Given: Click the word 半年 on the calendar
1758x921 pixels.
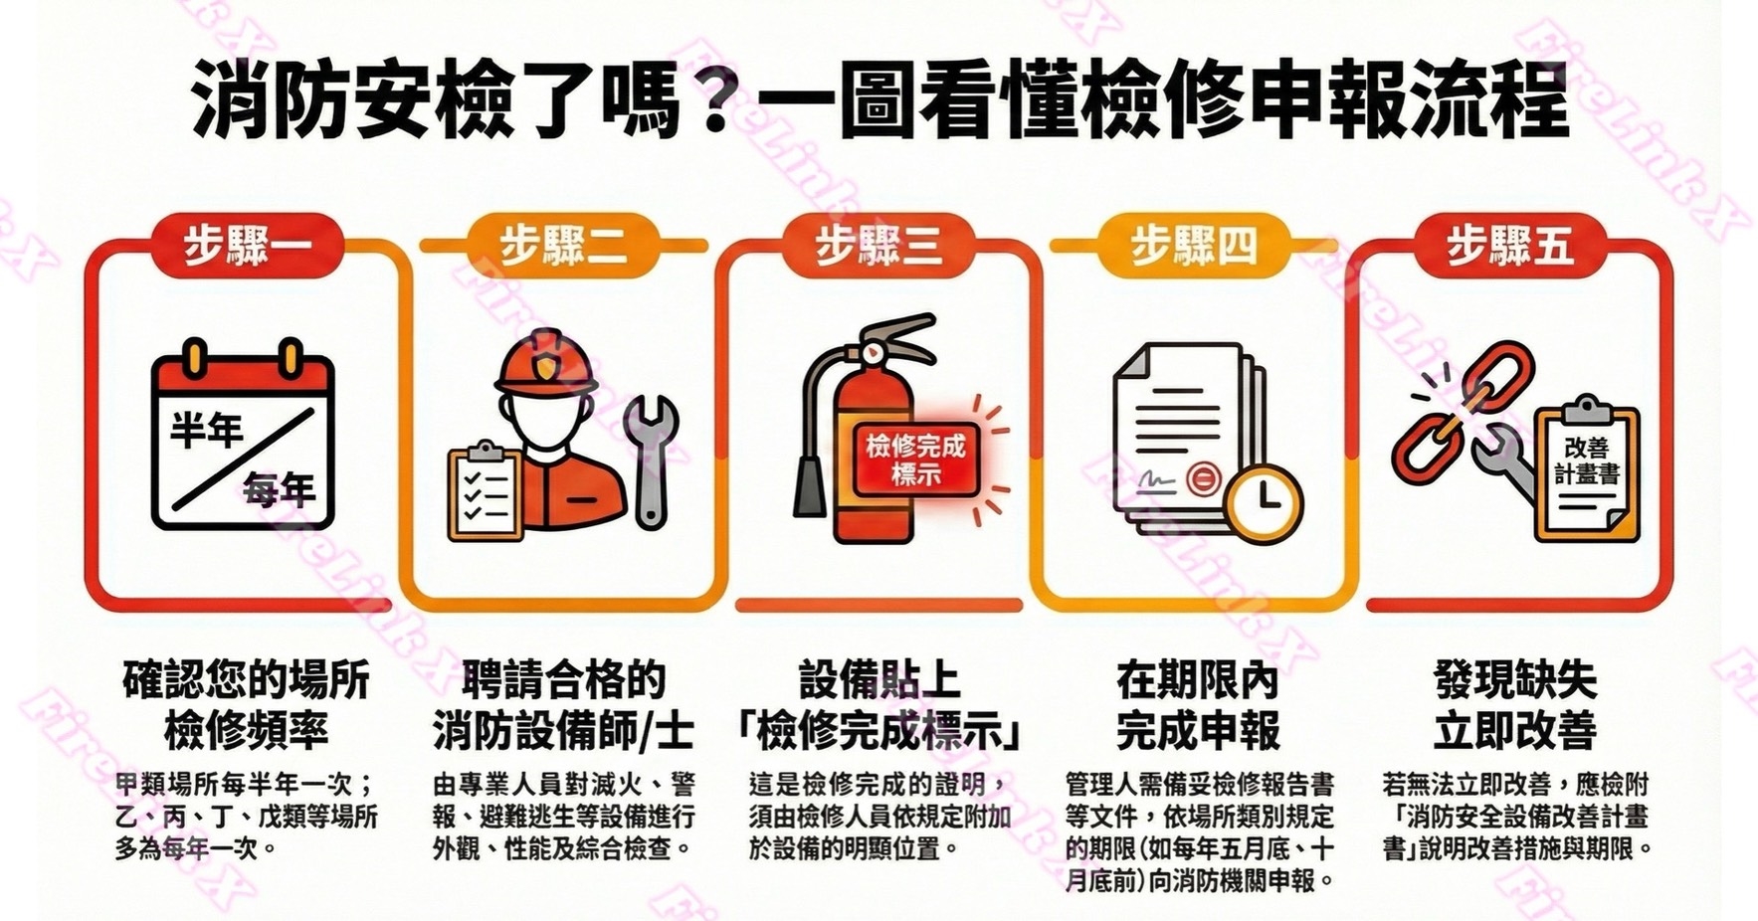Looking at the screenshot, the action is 207,431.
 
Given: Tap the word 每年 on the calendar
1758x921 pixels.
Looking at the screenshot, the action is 280,489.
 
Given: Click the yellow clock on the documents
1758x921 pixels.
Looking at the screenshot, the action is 1265,496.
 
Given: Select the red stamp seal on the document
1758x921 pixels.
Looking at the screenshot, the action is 1203,479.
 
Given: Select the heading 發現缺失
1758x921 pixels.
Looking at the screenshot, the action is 1515,680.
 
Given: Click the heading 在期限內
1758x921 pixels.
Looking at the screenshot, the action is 1198,680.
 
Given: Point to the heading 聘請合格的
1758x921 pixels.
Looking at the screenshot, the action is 563,680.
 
